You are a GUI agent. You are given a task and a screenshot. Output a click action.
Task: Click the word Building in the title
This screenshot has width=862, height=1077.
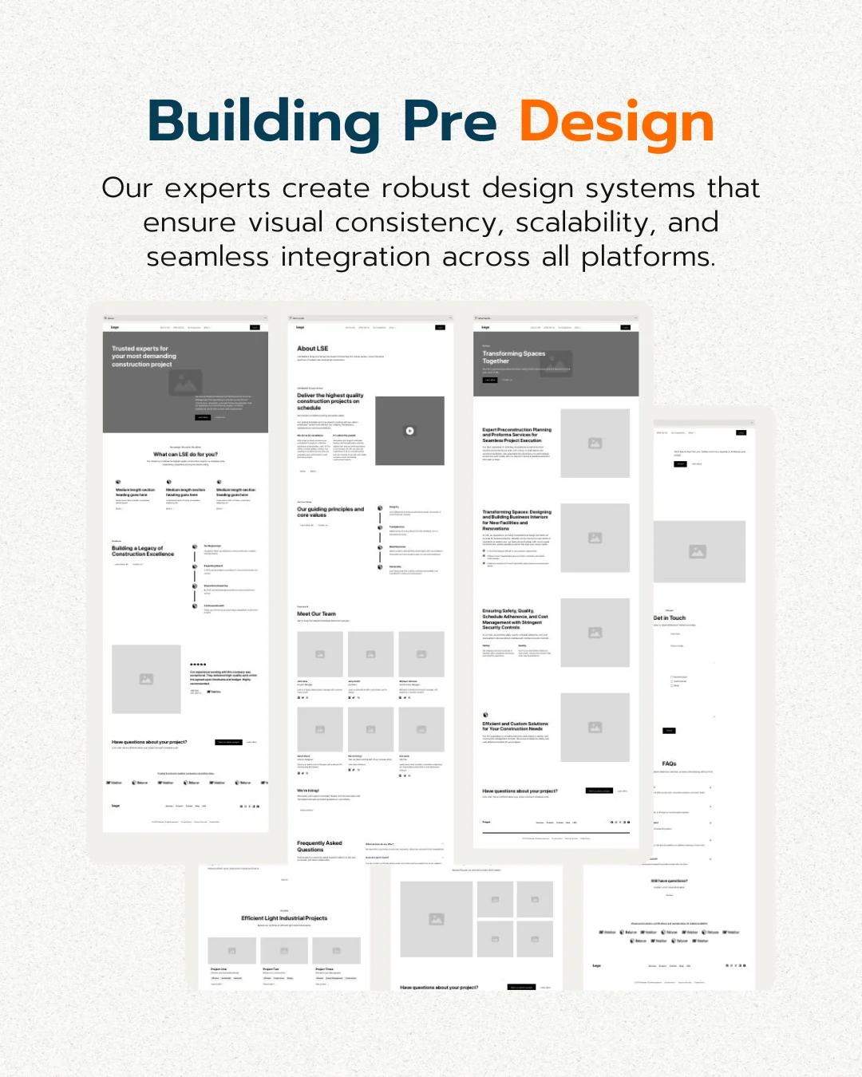[x=263, y=122]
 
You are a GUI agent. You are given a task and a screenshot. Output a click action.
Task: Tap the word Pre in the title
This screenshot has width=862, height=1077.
[x=449, y=122]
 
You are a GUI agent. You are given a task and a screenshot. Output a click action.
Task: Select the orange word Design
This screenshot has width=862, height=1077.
[x=616, y=124]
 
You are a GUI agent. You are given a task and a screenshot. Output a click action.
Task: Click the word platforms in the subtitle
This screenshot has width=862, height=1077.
[x=646, y=257]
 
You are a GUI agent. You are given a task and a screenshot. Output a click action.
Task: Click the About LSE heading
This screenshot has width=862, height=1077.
[x=313, y=349]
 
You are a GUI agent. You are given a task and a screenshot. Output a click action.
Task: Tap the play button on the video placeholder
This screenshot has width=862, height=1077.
[x=409, y=431]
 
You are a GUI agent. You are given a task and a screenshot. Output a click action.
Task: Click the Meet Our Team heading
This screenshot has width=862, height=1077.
[x=316, y=613]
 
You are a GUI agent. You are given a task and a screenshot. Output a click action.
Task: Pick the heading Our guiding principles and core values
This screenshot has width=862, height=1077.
[x=330, y=511]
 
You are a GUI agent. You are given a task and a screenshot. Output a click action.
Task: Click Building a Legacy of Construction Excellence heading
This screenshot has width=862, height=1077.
[x=143, y=551]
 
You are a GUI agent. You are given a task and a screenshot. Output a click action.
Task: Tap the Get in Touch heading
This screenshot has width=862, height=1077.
[x=670, y=617]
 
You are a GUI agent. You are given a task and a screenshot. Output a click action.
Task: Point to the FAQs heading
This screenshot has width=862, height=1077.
[x=669, y=763]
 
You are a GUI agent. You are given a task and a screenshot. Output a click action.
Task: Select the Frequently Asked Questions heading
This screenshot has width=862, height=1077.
[x=319, y=846]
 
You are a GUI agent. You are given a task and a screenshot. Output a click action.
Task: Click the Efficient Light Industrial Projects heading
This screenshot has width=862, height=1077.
[x=284, y=918]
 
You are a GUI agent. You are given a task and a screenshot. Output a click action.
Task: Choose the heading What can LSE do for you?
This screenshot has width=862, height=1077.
[x=185, y=454]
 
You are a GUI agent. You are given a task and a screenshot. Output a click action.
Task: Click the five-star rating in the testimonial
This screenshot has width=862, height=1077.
[x=198, y=664]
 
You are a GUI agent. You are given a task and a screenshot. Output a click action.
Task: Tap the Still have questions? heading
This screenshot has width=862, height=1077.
[x=669, y=881]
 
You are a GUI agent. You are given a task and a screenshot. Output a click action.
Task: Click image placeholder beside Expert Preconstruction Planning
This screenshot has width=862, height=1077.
[x=595, y=444]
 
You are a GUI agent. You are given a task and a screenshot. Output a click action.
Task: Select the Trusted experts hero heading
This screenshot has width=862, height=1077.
[x=144, y=356]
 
